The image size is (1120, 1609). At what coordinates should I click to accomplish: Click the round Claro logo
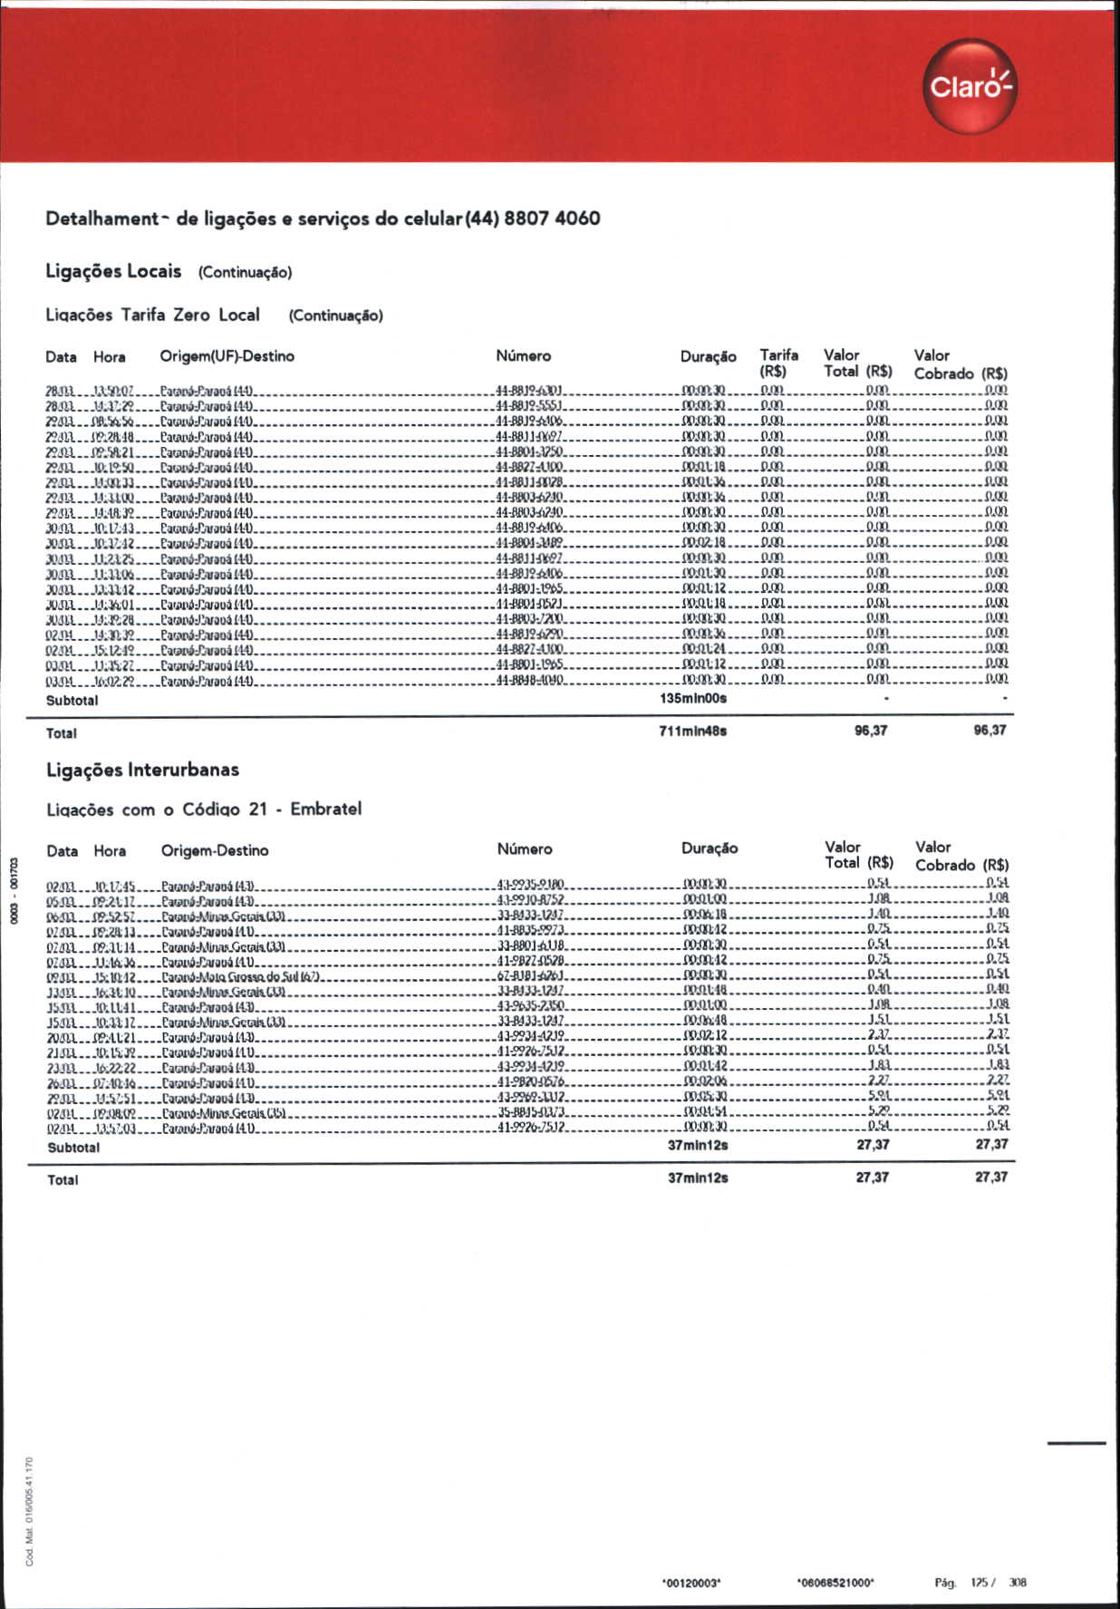(x=970, y=87)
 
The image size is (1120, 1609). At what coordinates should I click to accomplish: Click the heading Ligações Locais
(x=113, y=271)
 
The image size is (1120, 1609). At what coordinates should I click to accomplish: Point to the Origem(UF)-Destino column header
(x=227, y=356)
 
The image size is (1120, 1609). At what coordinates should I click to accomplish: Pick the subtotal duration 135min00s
(x=693, y=699)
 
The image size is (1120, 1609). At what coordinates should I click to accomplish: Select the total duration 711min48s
(x=692, y=732)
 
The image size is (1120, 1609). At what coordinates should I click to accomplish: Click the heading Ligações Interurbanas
(x=142, y=771)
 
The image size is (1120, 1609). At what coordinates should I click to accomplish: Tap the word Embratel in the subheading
(x=325, y=809)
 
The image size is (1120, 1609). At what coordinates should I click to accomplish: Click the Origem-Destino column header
(x=215, y=850)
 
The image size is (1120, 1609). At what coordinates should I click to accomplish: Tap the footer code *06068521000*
(x=835, y=1584)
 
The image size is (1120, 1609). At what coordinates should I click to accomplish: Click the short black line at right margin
(x=1077, y=1442)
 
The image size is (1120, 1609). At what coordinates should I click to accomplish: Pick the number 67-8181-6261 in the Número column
(x=531, y=975)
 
